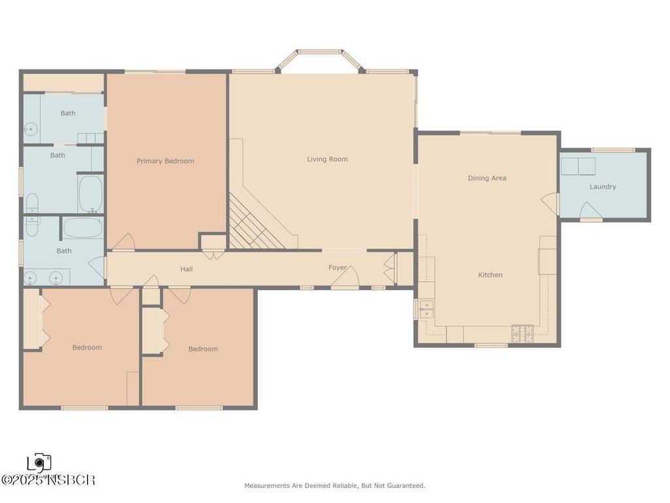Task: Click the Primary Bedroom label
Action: coord(165,161)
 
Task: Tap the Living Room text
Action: coord(327,159)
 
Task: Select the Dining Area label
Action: coord(487,178)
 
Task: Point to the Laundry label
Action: coord(603,187)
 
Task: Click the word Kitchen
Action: coord(490,275)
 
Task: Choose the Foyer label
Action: coord(338,267)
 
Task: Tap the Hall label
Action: coord(186,269)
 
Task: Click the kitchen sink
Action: coord(427,309)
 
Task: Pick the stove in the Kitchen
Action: coord(522,333)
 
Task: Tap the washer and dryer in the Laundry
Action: coord(578,166)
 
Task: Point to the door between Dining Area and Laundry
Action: coord(552,203)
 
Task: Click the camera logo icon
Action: coord(40,463)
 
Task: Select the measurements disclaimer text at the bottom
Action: coord(334,486)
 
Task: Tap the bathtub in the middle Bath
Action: coord(90,193)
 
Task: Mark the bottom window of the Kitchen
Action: coord(491,345)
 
